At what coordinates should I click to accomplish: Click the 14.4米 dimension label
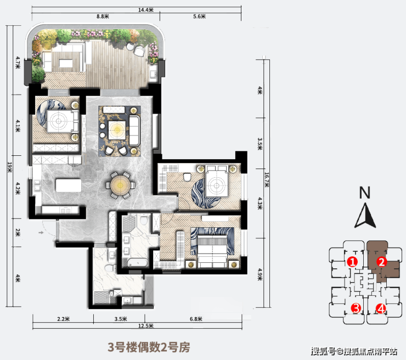coord(146,10)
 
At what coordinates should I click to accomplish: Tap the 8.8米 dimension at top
coord(103,16)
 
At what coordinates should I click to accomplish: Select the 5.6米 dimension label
coord(199,16)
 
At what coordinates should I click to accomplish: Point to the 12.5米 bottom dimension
coord(146,325)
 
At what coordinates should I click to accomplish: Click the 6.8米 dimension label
coord(196,319)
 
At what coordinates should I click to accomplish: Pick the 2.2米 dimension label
coord(64,319)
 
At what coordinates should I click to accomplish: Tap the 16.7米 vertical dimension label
coord(267,179)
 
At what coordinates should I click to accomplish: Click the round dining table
coord(120,185)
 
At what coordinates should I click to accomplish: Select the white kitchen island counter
coord(69,185)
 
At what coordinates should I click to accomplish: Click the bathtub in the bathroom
coord(138,263)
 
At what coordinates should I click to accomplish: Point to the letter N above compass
coord(364,193)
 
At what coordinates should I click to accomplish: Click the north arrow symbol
coord(365,216)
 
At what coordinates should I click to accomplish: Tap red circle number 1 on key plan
coord(352,262)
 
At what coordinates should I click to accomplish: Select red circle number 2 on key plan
coord(382,262)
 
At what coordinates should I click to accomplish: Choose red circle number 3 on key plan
coord(356,308)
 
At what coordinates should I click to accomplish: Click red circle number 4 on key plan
coord(381,308)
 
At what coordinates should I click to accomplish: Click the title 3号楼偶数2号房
coord(149,347)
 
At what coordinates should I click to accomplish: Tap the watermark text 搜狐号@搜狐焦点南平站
coord(354,351)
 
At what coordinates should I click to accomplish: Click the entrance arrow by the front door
coord(41,233)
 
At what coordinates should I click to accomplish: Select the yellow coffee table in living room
coord(117,129)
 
